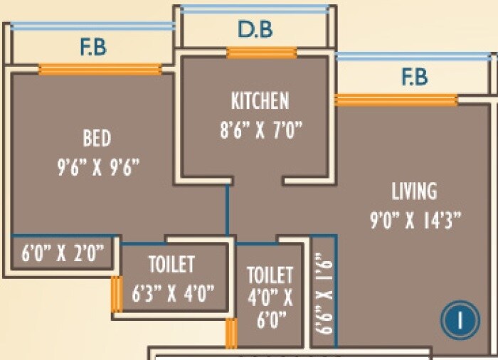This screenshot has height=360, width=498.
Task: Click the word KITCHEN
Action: point(260,101)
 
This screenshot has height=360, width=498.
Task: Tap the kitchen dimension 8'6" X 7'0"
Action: point(261,129)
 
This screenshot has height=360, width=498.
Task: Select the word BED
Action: point(97,138)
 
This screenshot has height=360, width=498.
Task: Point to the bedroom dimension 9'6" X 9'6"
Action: point(98,166)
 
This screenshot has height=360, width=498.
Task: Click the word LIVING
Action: point(414,191)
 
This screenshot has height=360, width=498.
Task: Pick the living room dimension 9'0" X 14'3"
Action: point(415,220)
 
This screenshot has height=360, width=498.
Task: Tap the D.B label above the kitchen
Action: point(255,30)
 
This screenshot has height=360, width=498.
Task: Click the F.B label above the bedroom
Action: point(93,48)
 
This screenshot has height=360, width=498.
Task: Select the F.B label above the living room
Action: point(415,77)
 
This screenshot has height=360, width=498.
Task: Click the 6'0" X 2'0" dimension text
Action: point(63,253)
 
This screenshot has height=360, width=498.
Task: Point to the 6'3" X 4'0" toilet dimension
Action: point(173,293)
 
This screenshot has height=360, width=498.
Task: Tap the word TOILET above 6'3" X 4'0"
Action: point(172,264)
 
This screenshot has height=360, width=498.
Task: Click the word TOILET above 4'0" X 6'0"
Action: point(270,275)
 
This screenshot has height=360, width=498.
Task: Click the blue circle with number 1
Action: point(460,319)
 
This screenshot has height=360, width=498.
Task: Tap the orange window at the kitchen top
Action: point(262,53)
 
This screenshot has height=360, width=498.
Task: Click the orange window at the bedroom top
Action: point(100,69)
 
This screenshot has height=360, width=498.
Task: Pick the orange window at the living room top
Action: point(396,100)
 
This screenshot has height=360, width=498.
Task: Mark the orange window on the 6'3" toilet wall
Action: point(117,294)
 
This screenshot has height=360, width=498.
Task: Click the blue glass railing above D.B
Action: point(255,9)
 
